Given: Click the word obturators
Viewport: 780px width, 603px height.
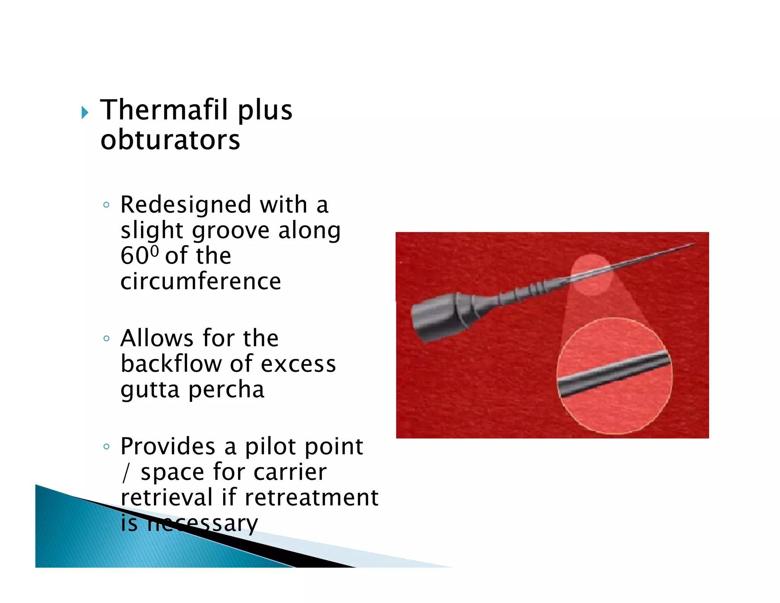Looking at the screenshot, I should coord(170,140).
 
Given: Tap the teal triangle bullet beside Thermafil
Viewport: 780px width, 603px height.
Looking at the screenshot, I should coord(85,112).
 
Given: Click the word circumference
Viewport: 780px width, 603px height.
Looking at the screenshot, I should coord(201,281).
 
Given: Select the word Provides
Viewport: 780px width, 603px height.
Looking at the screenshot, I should coord(168,446).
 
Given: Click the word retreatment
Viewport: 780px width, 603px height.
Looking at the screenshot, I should coord(311,497).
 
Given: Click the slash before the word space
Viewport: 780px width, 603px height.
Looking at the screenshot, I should coord(126,473).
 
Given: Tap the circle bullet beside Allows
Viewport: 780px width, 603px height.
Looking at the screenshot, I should coord(106,338).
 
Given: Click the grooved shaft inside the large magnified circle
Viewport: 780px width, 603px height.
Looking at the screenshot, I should coord(613,375).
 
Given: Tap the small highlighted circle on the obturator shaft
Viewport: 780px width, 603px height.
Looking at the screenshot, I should coord(591,274).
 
